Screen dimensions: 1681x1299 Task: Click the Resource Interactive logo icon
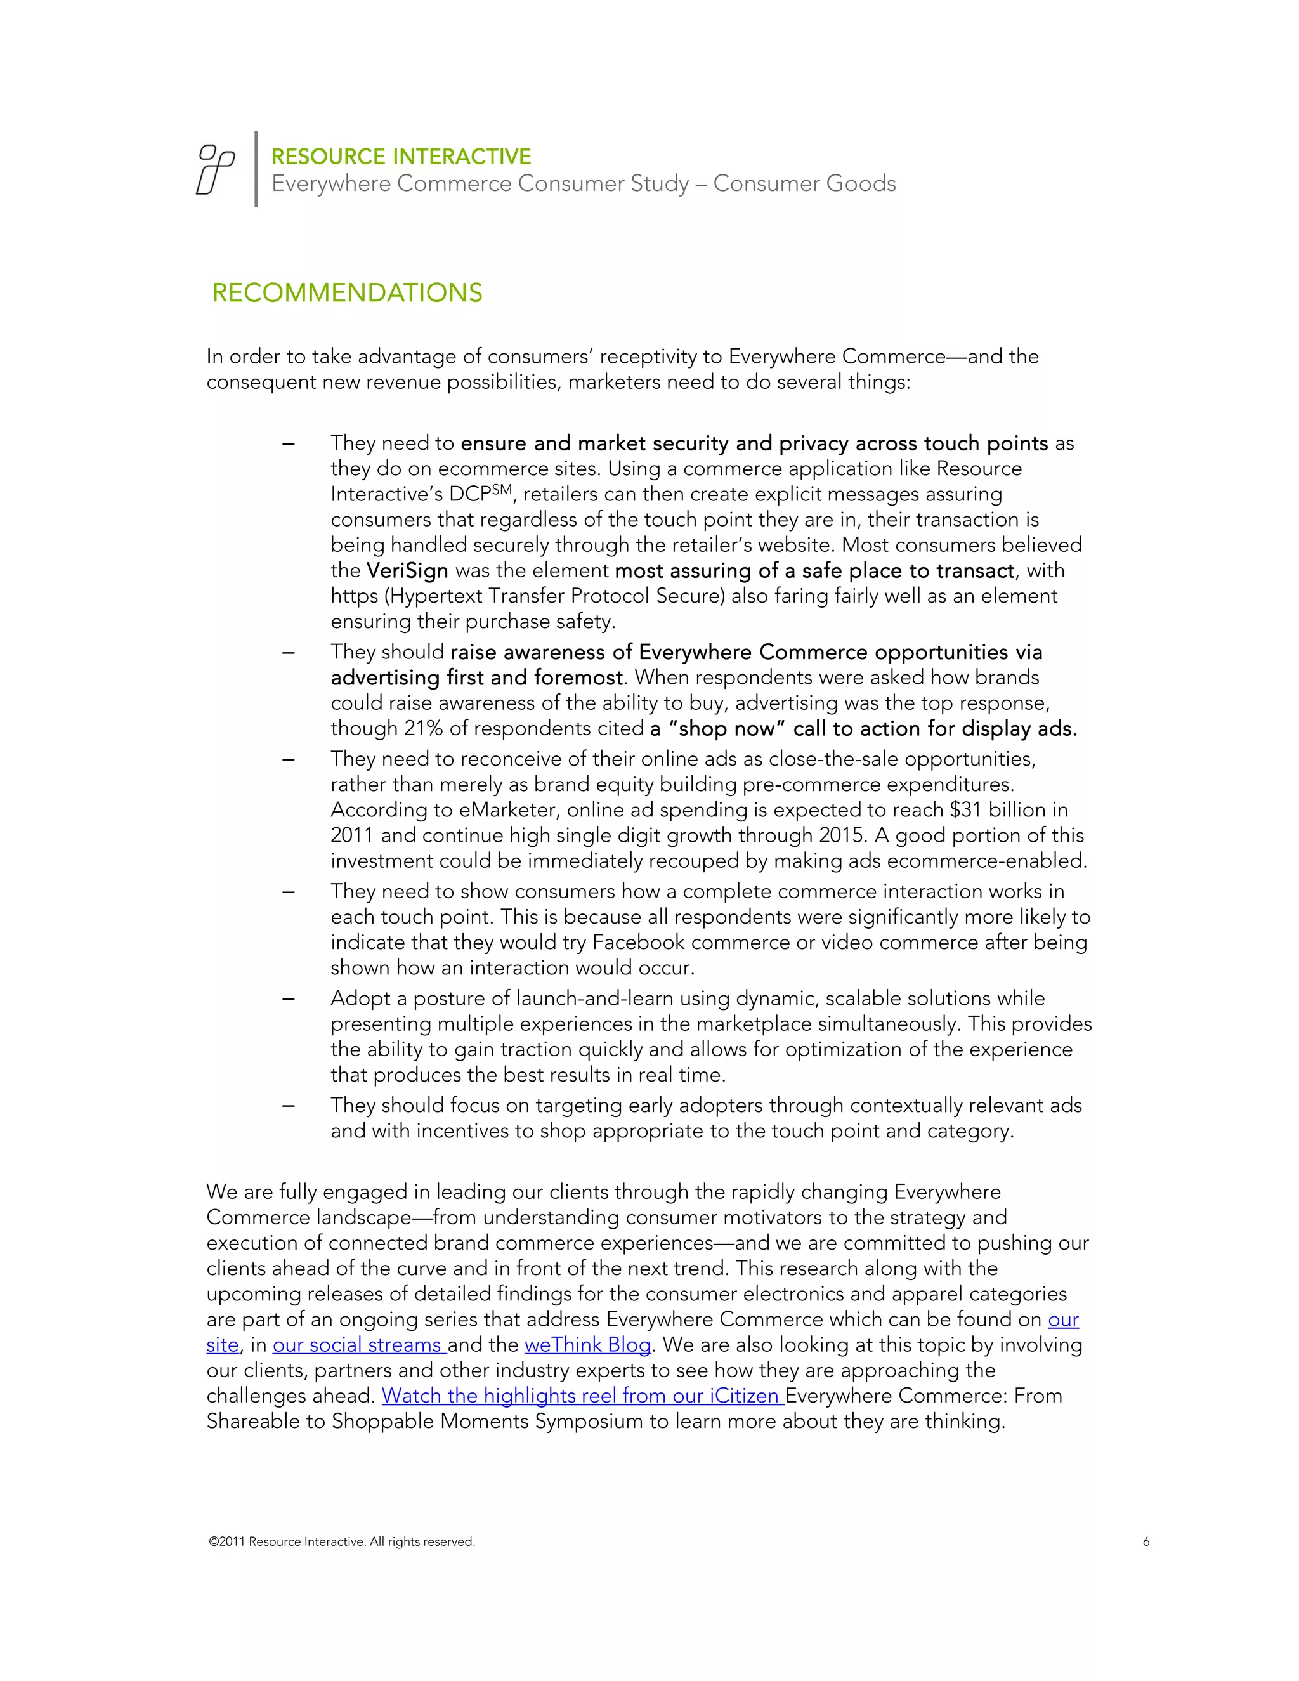(x=216, y=169)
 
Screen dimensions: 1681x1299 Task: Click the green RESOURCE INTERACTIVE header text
(x=401, y=157)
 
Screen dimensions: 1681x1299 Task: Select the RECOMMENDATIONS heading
(x=347, y=293)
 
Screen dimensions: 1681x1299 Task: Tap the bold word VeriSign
(x=407, y=571)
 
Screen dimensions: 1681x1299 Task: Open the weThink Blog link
(x=587, y=1345)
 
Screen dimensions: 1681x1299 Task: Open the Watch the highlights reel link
(x=582, y=1396)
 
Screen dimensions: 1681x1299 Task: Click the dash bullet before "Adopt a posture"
(x=289, y=999)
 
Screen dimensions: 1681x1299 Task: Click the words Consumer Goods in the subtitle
(x=804, y=184)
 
